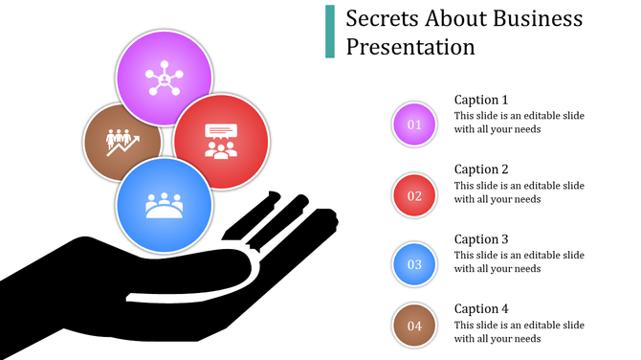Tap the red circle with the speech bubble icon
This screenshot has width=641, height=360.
[222, 140]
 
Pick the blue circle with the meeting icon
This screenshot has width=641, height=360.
[164, 205]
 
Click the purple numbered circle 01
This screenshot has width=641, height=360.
[414, 124]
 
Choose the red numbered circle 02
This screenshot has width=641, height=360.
[414, 195]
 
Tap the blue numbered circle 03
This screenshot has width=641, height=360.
[414, 265]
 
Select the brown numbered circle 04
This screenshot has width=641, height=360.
[414, 326]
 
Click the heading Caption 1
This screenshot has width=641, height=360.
[481, 100]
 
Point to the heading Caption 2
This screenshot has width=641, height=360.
[481, 169]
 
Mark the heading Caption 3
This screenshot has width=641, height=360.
[481, 239]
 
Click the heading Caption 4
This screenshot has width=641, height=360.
[481, 309]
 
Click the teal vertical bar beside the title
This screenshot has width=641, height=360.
[330, 32]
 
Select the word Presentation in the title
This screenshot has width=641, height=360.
[410, 46]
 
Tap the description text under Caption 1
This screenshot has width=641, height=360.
[519, 123]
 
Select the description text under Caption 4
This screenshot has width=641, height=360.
[519, 332]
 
